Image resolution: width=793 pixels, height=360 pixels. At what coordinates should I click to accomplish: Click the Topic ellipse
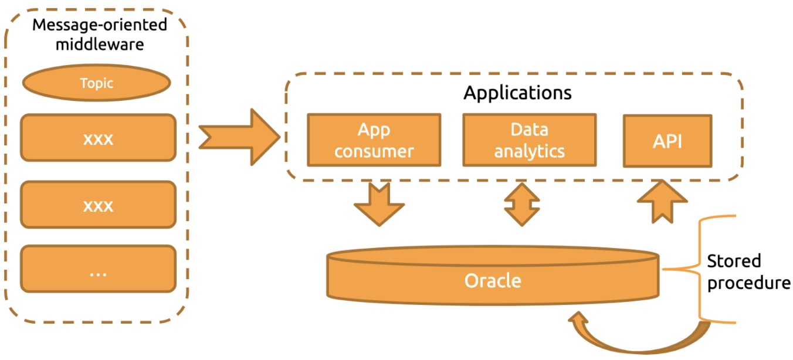tap(97, 83)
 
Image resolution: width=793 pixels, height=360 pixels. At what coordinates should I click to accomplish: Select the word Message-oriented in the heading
tap(100, 25)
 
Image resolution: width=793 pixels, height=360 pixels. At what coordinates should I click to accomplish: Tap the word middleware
tap(100, 45)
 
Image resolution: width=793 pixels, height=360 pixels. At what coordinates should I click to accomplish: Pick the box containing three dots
tap(98, 269)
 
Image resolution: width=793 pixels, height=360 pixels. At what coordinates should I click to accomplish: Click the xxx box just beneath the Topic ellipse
tap(98, 138)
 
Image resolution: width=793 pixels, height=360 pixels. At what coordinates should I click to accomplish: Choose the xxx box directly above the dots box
tap(98, 205)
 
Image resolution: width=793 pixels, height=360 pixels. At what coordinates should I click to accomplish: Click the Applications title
tap(517, 93)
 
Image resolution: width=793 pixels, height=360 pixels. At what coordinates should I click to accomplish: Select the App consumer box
tap(374, 140)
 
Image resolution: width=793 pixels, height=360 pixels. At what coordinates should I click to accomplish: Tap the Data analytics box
tap(530, 140)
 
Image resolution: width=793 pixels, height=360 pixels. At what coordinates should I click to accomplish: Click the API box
tap(667, 141)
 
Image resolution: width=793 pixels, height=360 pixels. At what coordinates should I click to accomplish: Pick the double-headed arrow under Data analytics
tap(522, 204)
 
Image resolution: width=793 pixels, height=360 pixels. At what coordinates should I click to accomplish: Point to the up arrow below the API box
tap(662, 202)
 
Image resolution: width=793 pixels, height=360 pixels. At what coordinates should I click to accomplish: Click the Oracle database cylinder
tap(493, 276)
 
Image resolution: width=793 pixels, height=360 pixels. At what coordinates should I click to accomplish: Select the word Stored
tap(734, 261)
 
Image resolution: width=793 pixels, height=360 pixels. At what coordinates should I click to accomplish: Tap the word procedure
tap(749, 283)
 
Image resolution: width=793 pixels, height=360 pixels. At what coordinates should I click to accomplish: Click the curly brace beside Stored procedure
tap(700, 269)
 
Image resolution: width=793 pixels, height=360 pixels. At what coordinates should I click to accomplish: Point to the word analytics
tap(530, 151)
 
